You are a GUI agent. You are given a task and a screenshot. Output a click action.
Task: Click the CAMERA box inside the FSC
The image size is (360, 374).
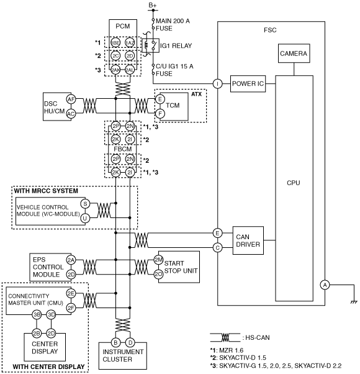click(294, 53)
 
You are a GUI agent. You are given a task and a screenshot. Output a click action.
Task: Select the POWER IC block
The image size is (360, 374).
click(248, 84)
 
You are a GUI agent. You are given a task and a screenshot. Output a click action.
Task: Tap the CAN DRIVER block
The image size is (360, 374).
click(248, 240)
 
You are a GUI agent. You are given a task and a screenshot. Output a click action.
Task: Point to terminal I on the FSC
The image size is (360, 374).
click(217, 84)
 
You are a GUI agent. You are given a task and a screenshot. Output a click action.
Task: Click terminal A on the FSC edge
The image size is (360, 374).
click(325, 285)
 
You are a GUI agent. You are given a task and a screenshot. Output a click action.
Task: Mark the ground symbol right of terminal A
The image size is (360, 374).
click(354, 302)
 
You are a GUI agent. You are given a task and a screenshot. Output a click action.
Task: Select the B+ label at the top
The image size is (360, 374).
click(153, 5)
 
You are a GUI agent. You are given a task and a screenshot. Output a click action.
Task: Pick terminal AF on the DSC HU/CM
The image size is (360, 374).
click(71, 99)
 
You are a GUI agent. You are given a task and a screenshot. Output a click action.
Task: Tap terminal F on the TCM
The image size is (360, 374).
click(160, 114)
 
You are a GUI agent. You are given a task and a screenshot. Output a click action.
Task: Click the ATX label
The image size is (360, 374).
click(197, 94)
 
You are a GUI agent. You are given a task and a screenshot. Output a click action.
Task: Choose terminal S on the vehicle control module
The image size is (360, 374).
click(85, 204)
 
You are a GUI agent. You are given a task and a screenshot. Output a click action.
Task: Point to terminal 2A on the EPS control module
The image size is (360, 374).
click(71, 260)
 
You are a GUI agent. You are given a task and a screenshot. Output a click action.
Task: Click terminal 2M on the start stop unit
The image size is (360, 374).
click(158, 260)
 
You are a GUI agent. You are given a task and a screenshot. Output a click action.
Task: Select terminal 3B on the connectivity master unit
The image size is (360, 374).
click(37, 315)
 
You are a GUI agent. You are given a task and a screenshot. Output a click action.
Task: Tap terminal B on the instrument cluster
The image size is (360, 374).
click(115, 343)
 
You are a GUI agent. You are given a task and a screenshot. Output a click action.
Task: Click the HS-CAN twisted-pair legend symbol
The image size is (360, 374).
click(225, 337)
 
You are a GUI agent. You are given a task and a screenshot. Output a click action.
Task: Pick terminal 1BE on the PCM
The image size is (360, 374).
click(115, 43)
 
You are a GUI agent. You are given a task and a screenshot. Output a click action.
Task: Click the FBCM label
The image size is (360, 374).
click(123, 149)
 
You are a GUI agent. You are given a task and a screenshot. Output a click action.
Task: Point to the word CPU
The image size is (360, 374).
click(294, 183)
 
